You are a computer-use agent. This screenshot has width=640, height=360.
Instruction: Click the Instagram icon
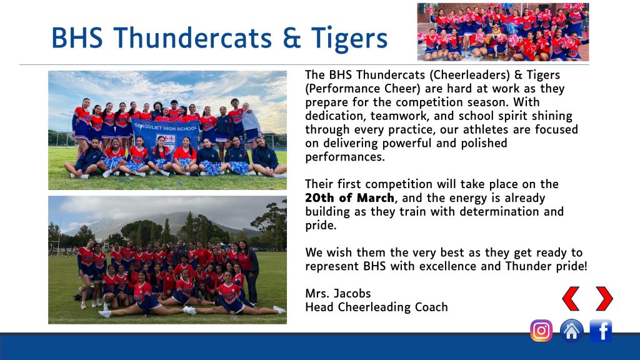pyautogui.click(x=541, y=331)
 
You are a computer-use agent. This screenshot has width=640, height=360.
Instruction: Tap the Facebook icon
pyautogui.click(x=601, y=331)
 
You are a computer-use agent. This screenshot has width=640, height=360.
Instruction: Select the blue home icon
pyautogui.click(x=571, y=331)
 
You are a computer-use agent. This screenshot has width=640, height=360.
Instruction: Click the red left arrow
pyautogui.click(x=571, y=298)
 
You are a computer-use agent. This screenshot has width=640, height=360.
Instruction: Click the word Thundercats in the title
pyautogui.click(x=192, y=38)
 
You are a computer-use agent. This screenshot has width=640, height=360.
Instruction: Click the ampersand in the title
pyautogui.click(x=291, y=38)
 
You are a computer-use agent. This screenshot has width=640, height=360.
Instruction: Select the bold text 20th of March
pyautogui.click(x=350, y=198)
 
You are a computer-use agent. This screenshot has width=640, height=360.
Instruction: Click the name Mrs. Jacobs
pyautogui.click(x=338, y=294)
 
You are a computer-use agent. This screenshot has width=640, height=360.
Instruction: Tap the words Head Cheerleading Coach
pyautogui.click(x=376, y=307)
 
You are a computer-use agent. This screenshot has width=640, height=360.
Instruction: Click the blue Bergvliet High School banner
pyautogui.click(x=166, y=135)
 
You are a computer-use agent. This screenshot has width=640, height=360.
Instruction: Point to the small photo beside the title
pyautogui.click(x=503, y=32)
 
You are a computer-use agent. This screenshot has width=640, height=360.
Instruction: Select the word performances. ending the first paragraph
pyautogui.click(x=345, y=157)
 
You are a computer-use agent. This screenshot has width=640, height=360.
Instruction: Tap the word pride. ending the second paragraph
pyautogui.click(x=321, y=226)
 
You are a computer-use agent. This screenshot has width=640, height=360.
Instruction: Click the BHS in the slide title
pyautogui.click(x=77, y=38)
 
